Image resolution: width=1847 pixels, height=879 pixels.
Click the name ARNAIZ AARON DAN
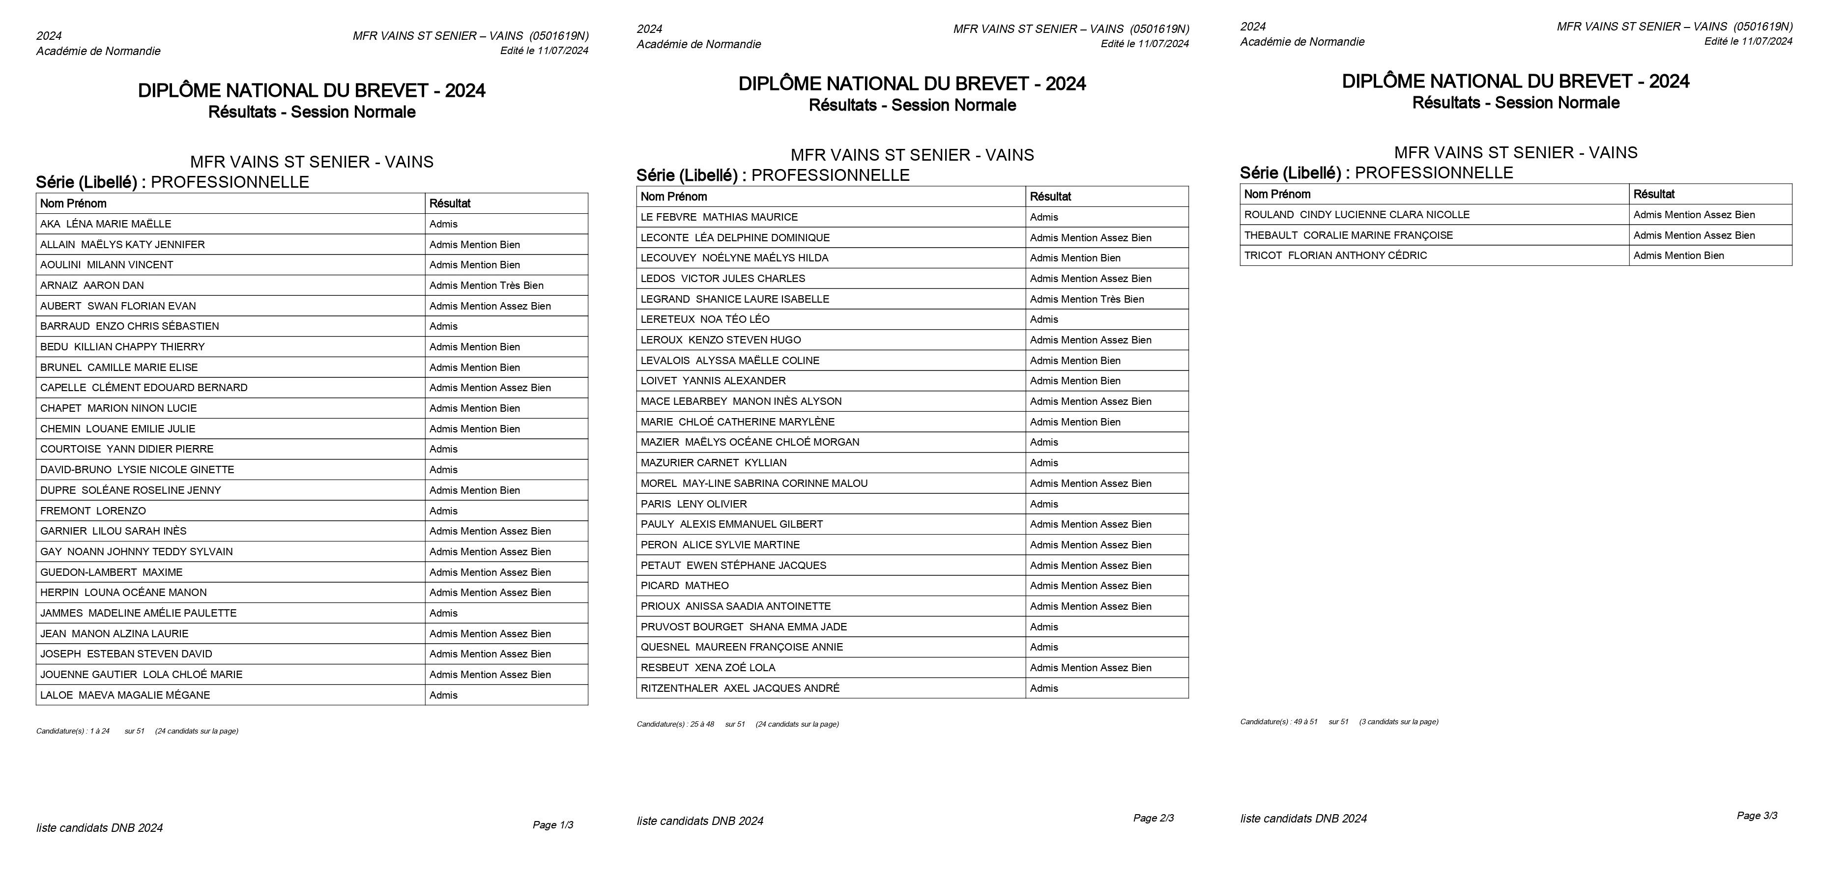click(92, 285)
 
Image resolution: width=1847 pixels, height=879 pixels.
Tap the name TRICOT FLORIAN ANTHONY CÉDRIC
click(1335, 255)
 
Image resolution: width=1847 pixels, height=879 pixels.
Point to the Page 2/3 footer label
click(1153, 818)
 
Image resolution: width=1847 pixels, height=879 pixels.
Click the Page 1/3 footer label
click(553, 825)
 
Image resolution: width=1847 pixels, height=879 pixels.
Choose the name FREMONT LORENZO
click(93, 511)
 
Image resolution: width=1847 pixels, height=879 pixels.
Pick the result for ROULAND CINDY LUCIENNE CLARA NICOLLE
click(1694, 214)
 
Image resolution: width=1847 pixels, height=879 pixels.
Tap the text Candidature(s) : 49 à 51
click(1278, 722)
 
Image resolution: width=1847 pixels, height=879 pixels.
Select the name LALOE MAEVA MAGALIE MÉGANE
click(125, 695)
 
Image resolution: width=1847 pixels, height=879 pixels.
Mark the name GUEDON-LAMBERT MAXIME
click(111, 572)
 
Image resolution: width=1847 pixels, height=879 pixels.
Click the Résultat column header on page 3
click(1653, 194)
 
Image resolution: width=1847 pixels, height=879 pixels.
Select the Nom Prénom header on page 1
click(73, 203)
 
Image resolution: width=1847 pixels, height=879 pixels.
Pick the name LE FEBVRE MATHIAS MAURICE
click(719, 217)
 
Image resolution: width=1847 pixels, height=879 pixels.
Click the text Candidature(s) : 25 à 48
click(675, 724)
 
